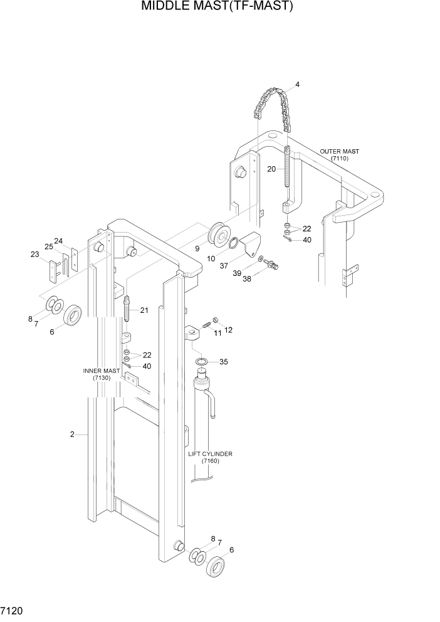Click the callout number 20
pos(271,169)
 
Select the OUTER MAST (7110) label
pos(340,155)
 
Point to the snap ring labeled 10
pos(233,243)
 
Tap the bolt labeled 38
pos(272,266)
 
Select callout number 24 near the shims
pos(58,241)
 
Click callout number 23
pos(35,254)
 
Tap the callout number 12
pos(228,330)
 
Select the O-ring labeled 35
pos(202,362)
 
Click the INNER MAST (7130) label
pos(101,374)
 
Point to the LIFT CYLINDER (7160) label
pos(210,457)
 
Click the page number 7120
pos(13,609)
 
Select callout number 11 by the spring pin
pos(218,333)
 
